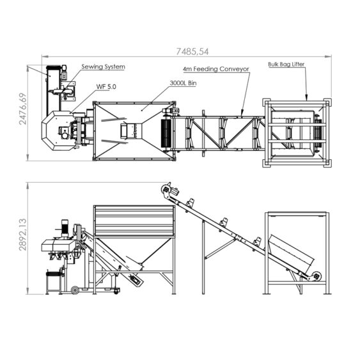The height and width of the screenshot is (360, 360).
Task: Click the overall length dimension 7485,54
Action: pyautogui.click(x=192, y=51)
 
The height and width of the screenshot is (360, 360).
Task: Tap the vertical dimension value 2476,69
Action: pyautogui.click(x=23, y=109)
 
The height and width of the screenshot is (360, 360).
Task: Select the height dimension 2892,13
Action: pyautogui.click(x=23, y=235)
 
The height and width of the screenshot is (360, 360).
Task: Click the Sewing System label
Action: pyautogui.click(x=104, y=67)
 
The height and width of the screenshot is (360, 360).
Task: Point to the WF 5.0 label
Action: pyautogui.click(x=106, y=87)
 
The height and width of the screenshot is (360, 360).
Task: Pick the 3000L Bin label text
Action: pyautogui.click(x=184, y=83)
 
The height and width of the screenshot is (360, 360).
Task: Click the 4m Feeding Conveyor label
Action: pyautogui.click(x=216, y=69)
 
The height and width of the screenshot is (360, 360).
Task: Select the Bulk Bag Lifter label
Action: pyautogui.click(x=286, y=65)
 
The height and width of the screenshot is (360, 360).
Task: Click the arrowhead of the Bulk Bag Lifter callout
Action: pyautogui.click(x=306, y=98)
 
